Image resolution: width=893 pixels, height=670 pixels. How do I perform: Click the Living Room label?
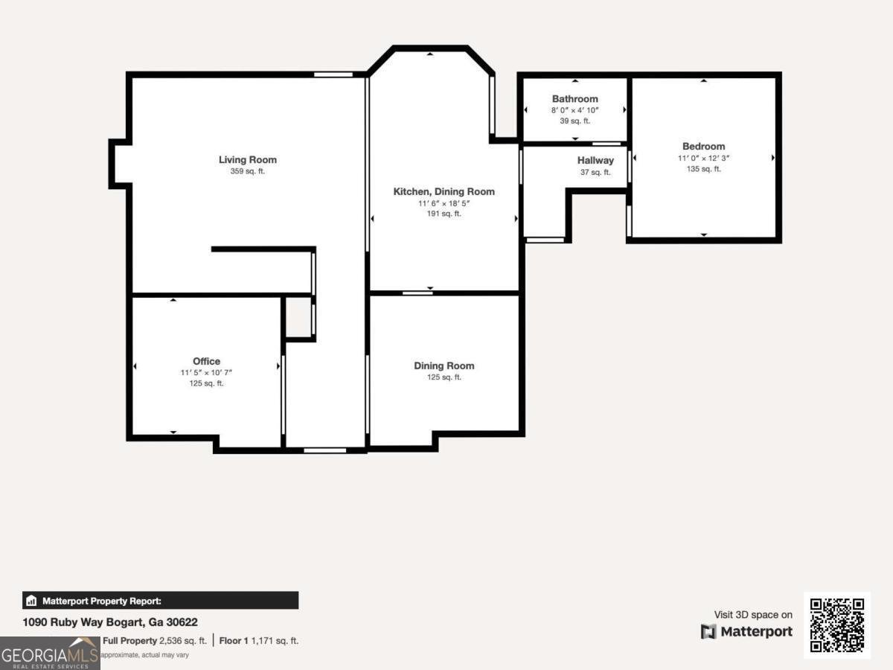pos(247,159)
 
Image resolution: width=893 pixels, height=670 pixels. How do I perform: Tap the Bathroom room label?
pos(574,99)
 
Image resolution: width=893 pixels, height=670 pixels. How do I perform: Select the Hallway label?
pos(595,160)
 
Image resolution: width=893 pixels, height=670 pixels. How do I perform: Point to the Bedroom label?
pos(703,147)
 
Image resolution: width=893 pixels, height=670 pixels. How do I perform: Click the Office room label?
pos(206,361)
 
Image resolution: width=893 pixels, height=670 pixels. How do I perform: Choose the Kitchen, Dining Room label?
pos(444,191)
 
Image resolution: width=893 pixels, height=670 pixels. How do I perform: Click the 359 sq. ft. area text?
pos(247,171)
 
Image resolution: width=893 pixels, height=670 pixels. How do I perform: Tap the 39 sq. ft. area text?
pos(574,121)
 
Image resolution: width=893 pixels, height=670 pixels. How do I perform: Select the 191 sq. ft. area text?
pos(444,214)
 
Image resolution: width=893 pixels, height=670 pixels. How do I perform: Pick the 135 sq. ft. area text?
pos(703,169)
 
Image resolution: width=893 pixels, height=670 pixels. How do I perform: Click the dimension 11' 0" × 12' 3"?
pos(703,158)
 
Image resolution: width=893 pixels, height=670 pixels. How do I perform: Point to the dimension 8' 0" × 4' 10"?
pos(574,110)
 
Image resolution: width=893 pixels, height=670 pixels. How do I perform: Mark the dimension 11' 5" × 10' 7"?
pos(206,372)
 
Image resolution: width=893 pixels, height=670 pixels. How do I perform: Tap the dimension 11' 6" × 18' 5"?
pos(444,202)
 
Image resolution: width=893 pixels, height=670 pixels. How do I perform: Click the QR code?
pos(837,625)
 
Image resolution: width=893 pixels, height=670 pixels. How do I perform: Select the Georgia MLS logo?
pos(50,653)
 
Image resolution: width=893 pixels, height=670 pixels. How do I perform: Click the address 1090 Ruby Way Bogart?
pos(109,622)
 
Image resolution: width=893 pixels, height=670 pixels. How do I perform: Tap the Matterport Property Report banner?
pos(161,601)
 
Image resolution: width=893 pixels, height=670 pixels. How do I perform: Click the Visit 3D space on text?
pos(753,615)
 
